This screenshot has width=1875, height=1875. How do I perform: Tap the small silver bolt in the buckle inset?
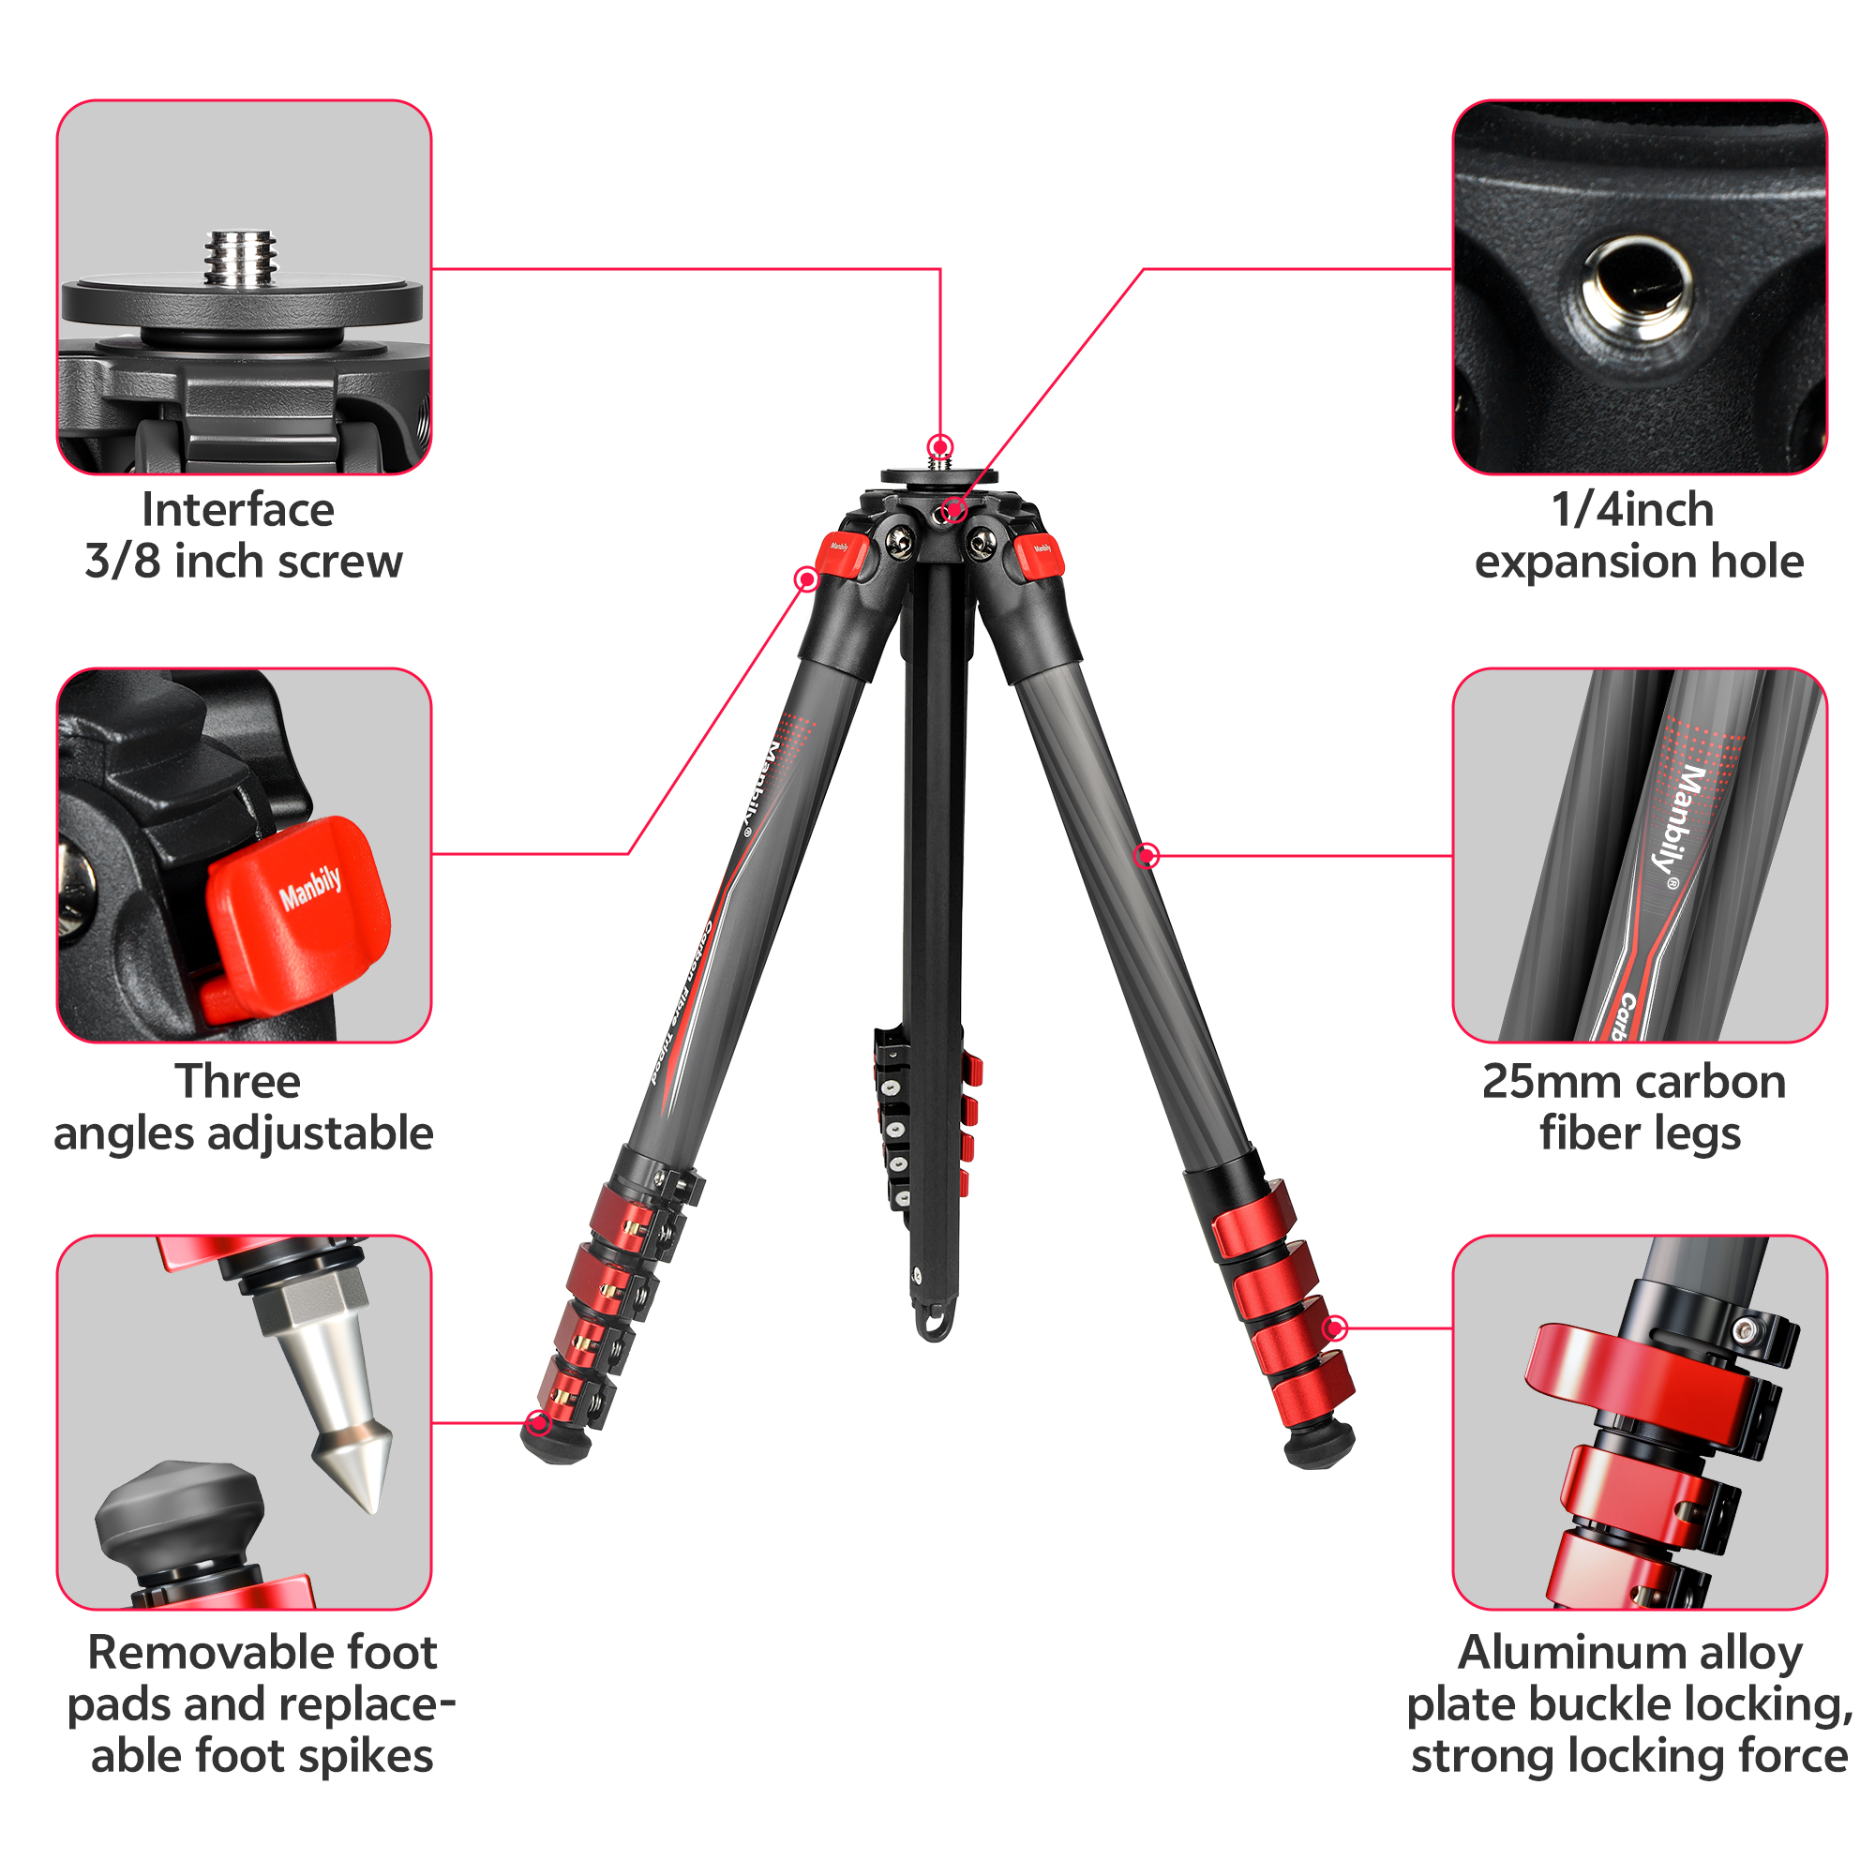point(1744,1328)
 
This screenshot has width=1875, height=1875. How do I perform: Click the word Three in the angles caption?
point(238,1081)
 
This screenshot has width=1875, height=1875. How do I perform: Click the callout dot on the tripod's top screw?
point(939,447)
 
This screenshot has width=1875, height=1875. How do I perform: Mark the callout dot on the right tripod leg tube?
point(1147,855)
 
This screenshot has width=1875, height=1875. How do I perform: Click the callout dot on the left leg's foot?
point(537,1424)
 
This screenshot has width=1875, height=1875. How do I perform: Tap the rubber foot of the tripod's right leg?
point(1318,1445)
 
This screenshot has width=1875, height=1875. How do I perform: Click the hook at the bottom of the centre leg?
point(934,1325)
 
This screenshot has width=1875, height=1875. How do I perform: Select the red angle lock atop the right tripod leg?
point(1040,557)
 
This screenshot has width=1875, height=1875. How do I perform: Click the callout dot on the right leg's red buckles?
point(1335,1327)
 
